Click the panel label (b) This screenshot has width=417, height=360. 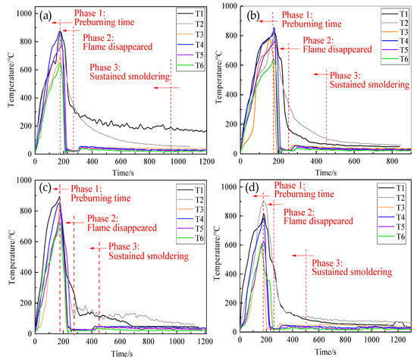249,13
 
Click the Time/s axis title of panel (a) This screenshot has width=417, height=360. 120,173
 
